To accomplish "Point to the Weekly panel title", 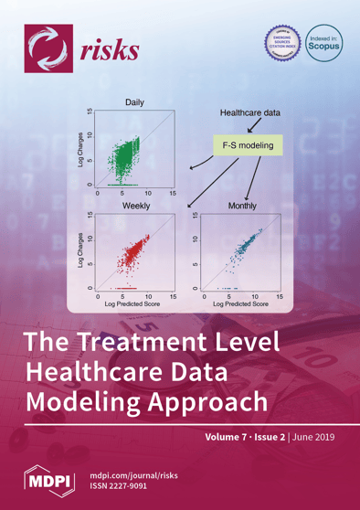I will click(x=137, y=207).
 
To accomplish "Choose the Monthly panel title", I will click(x=245, y=207).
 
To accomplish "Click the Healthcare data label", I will click(x=248, y=112).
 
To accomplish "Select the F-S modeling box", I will click(x=248, y=145).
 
